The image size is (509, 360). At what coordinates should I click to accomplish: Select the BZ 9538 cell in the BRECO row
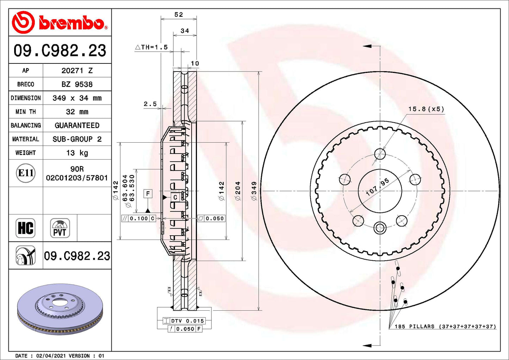[77, 85]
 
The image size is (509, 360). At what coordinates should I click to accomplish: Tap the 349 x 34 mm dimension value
[77, 98]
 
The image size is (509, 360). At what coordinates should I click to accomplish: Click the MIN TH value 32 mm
[77, 112]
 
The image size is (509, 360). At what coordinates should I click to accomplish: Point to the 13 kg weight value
[77, 153]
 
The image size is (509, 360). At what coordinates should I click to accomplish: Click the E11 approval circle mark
[26, 173]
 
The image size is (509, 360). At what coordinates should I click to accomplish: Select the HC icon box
[26, 228]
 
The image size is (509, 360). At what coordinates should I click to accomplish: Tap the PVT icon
[60, 228]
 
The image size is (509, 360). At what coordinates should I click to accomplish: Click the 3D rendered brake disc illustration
[60, 309]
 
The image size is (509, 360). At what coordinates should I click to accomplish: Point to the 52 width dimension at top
[179, 14]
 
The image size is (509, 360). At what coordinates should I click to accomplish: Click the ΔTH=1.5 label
[151, 47]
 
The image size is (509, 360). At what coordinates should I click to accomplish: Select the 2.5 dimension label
[150, 104]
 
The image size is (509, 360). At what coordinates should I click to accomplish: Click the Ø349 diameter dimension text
[254, 191]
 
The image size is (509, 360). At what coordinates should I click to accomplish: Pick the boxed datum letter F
[148, 194]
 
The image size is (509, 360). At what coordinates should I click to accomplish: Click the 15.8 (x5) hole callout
[426, 109]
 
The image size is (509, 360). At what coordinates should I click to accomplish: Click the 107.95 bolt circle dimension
[377, 187]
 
